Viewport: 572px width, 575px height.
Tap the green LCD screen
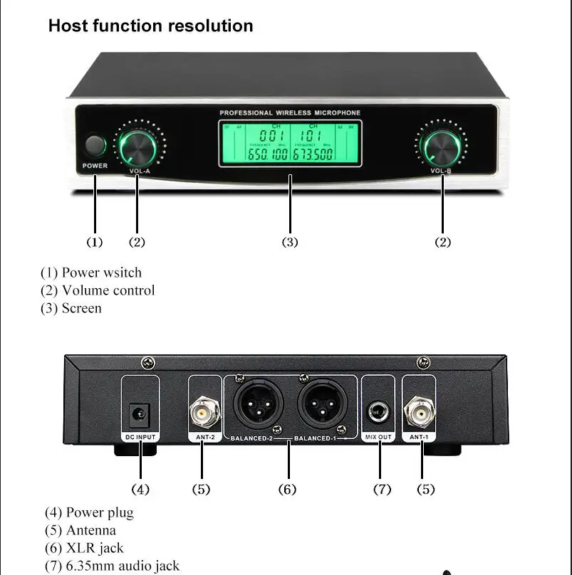(289, 143)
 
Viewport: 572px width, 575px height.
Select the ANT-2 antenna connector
(202, 411)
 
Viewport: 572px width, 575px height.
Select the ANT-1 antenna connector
(421, 411)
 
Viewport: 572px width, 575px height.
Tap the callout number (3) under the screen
(289, 243)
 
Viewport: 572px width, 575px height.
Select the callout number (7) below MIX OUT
(382, 490)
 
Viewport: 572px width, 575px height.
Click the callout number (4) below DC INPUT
(140, 490)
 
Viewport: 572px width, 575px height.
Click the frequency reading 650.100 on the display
(268, 154)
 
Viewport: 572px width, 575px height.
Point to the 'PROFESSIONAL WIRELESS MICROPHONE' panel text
(290, 112)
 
